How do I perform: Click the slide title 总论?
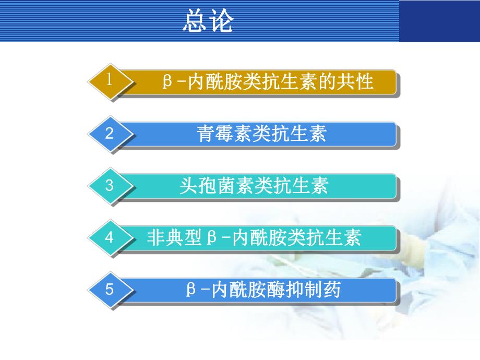208,21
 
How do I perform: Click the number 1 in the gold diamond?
110,80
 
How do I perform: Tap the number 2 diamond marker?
110,133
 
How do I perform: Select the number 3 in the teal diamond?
110,185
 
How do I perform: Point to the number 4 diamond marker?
110,237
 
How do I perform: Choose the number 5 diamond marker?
110,289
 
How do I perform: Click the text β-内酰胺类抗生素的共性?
268,82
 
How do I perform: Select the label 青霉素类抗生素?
261,134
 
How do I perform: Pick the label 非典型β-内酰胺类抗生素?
254,238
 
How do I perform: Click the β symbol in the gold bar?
167,82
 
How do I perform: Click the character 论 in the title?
221,21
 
